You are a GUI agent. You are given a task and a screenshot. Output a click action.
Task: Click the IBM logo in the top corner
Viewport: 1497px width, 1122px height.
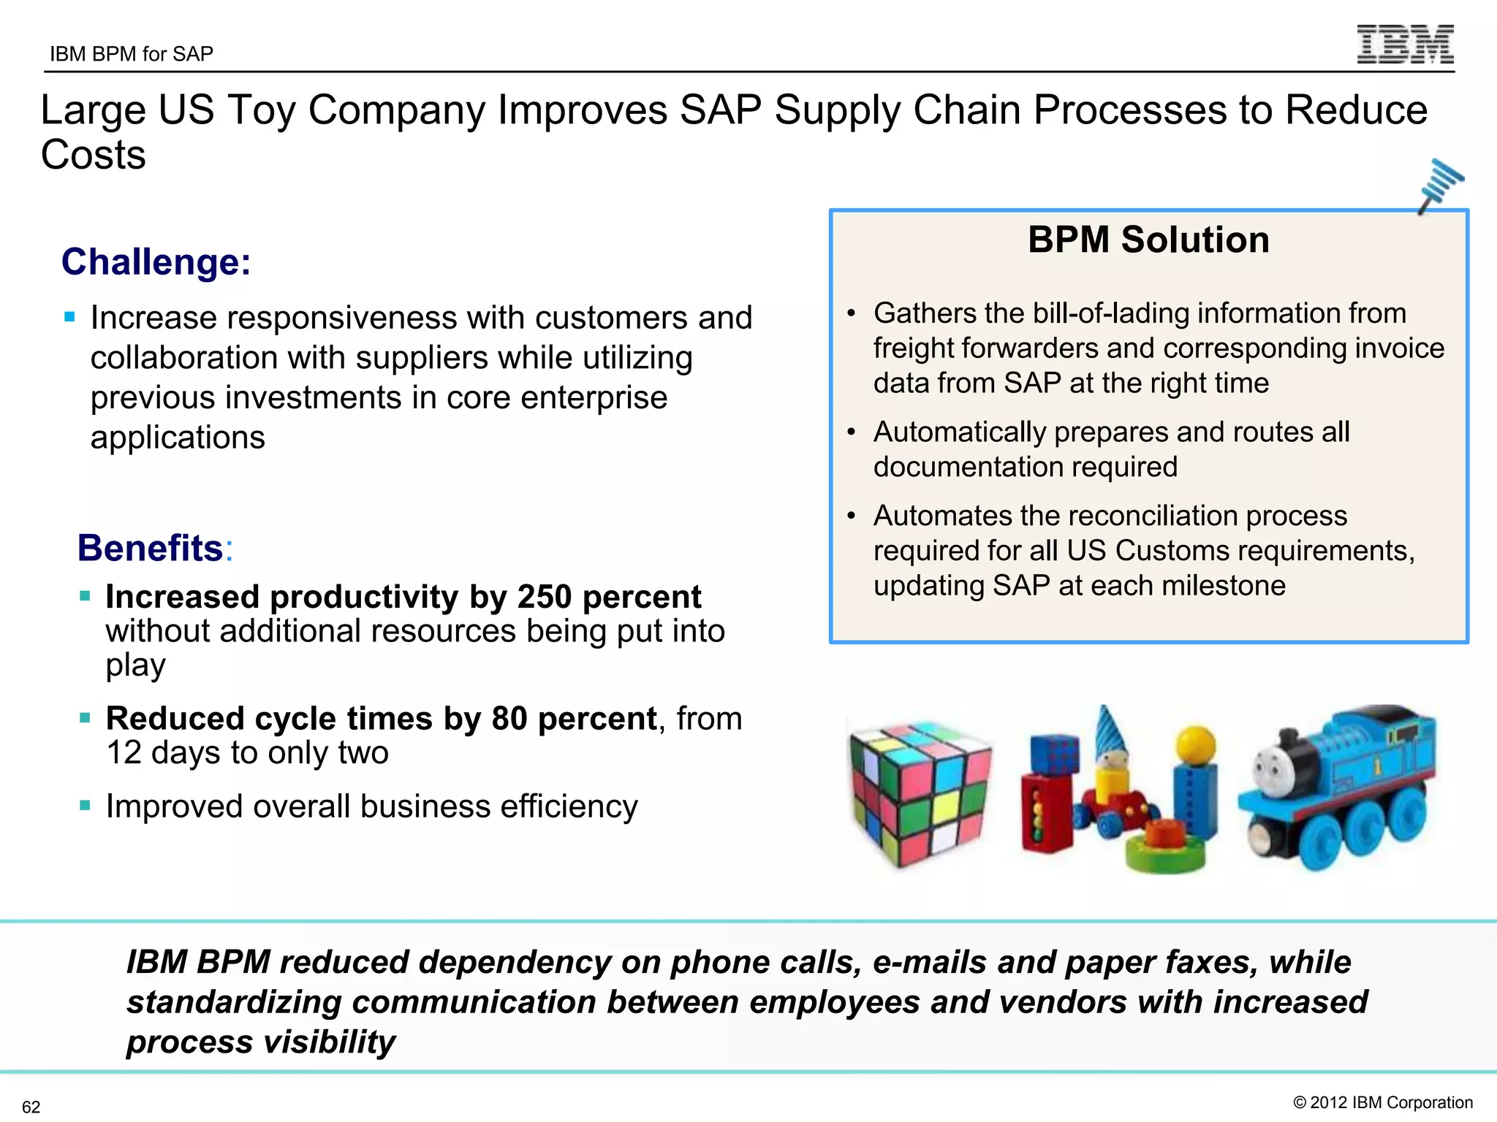1405,45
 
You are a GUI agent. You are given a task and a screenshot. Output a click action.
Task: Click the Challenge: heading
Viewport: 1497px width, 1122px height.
156,262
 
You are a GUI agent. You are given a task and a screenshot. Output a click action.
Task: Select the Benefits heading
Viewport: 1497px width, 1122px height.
151,548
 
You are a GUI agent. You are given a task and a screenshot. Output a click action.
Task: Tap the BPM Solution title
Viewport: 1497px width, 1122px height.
1148,240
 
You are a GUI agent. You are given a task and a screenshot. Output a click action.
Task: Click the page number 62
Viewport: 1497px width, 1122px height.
31,1107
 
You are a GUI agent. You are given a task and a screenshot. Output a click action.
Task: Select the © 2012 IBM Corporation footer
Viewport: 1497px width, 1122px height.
1383,1102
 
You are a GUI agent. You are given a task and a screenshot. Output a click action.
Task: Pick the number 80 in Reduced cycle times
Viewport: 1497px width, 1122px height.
509,719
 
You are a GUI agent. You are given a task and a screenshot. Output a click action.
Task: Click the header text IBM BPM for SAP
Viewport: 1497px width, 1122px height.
132,54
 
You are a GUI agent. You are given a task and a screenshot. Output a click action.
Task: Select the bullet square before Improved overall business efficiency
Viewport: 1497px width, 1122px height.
86,806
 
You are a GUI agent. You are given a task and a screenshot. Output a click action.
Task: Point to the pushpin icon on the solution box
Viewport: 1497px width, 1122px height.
1440,185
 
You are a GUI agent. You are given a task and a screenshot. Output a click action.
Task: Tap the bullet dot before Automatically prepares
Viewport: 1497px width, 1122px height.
851,432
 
